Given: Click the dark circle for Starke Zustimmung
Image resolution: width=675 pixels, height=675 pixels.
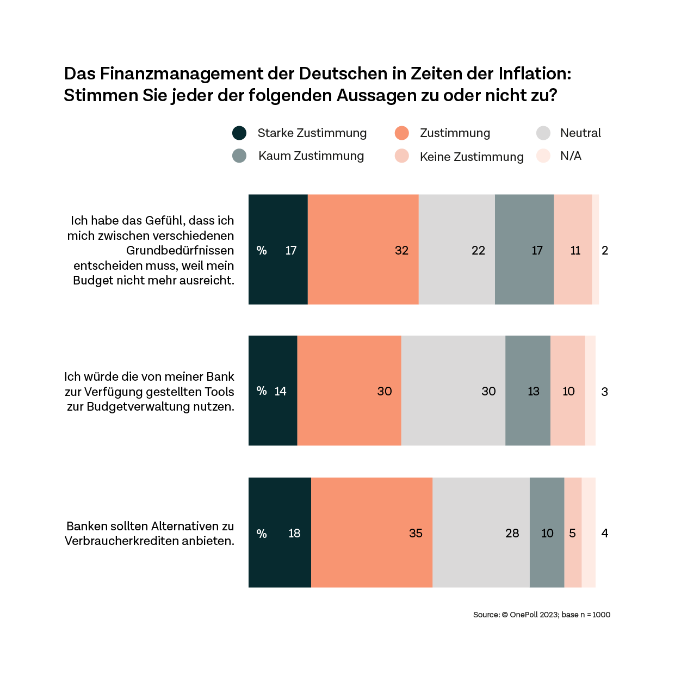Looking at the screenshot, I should click(239, 133).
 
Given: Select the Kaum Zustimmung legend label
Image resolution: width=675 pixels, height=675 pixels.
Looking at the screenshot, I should click(311, 156).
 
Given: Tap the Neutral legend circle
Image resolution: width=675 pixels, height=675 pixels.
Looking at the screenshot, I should click(543, 133).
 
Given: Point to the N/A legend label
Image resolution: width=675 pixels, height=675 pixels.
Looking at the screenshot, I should click(571, 156).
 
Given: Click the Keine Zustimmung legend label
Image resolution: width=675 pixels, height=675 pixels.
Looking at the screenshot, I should click(472, 157).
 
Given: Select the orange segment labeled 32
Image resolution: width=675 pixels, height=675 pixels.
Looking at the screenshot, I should click(363, 250).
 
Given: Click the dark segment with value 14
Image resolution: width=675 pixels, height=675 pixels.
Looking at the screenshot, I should click(273, 391).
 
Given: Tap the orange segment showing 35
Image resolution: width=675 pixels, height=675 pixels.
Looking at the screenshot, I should click(371, 532).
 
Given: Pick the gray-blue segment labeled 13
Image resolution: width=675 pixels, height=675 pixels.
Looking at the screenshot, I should click(528, 391).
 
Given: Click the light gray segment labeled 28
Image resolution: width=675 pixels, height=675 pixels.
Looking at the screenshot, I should click(481, 532).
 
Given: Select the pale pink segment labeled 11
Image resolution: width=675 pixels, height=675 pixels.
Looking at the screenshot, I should click(573, 250).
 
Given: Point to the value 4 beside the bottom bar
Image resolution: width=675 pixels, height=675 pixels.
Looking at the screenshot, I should click(604, 533).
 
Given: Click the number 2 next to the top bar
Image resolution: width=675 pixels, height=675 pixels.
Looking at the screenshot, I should click(605, 250).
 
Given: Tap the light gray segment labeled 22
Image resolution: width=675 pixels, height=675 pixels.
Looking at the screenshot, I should click(456, 250).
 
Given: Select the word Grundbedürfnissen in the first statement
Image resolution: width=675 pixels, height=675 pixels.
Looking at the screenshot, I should click(180, 251).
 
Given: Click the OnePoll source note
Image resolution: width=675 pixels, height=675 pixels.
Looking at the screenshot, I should click(541, 615).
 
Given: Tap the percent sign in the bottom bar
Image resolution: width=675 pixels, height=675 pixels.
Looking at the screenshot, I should click(262, 534).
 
